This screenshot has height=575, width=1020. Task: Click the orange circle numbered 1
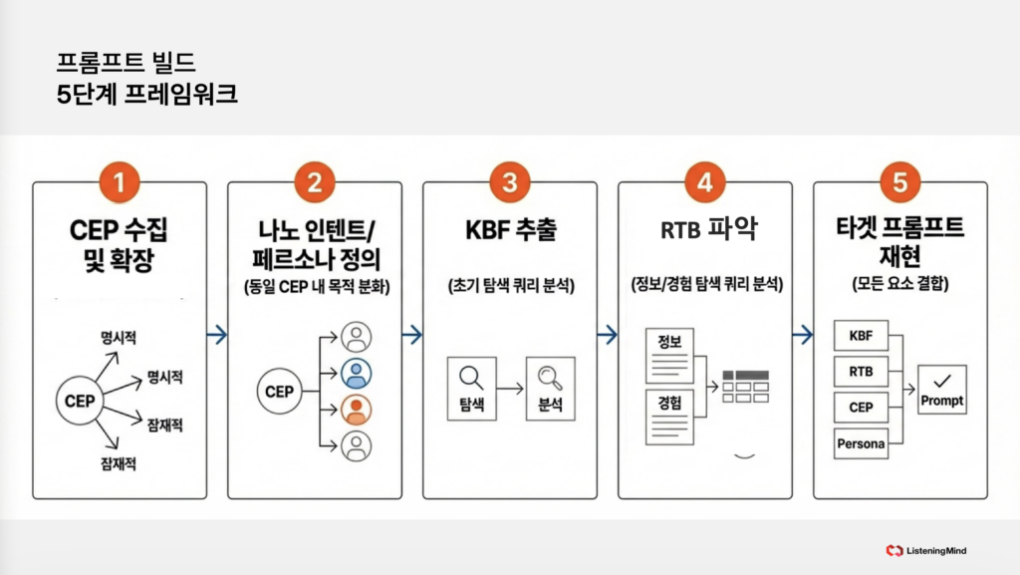[x=120, y=182]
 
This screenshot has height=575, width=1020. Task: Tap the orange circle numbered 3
[x=510, y=182]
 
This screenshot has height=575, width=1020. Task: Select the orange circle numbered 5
[x=900, y=182]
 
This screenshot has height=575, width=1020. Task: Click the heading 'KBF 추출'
[x=510, y=231]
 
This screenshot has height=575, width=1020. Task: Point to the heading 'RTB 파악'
[x=705, y=231]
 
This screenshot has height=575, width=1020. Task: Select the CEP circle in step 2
[x=279, y=392]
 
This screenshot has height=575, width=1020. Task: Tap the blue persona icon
[x=356, y=373]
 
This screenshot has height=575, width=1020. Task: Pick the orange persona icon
[x=356, y=410]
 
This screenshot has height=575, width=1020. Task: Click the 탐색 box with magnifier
[x=472, y=387]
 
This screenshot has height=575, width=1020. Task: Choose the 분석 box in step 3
[x=550, y=387]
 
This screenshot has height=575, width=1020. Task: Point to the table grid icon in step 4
[x=745, y=386]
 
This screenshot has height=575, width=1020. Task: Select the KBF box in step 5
[x=861, y=336]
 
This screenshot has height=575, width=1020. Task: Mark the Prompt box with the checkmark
[x=941, y=390]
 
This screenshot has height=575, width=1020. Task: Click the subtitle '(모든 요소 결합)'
[x=900, y=282]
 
